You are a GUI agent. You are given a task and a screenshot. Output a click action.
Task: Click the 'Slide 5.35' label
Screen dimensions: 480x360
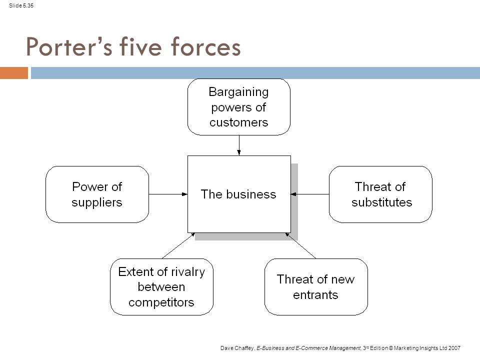pyautogui.click(x=21, y=5)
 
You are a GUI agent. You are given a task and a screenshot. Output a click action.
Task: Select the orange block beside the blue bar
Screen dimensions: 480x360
pyautogui.click(x=14, y=73)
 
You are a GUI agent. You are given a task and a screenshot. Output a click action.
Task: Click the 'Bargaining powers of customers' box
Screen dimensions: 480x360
pyautogui.click(x=239, y=107)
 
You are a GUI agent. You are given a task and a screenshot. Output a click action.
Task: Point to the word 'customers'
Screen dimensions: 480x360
pyautogui.click(x=239, y=122)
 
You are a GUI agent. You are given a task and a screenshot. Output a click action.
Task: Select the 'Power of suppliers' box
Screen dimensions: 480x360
pyautogui.click(x=97, y=194)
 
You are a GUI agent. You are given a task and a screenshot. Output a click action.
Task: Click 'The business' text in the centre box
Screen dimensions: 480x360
pyautogui.click(x=238, y=194)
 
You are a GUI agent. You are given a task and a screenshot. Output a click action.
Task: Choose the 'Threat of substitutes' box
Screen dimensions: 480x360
pyautogui.click(x=380, y=194)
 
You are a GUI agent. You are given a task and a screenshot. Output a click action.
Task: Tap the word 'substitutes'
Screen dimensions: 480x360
pyautogui.click(x=381, y=202)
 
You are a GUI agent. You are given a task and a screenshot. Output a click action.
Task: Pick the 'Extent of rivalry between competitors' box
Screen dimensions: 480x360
pyautogui.click(x=161, y=287)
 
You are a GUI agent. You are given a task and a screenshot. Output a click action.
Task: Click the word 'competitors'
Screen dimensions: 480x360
pyautogui.click(x=161, y=302)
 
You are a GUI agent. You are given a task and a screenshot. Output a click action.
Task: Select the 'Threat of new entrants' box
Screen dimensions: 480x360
pyautogui.click(x=316, y=287)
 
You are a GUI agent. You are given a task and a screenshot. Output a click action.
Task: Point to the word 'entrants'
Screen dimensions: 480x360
pyautogui.click(x=315, y=295)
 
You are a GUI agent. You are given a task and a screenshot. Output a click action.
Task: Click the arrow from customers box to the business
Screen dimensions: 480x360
pyautogui.click(x=239, y=145)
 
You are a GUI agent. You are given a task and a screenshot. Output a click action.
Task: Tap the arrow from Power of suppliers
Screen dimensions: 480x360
pyautogui.click(x=168, y=194)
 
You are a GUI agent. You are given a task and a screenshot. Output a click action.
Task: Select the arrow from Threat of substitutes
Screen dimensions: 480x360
pyautogui.click(x=310, y=194)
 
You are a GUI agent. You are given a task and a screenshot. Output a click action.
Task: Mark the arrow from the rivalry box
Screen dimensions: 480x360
pyautogui.click(x=178, y=246)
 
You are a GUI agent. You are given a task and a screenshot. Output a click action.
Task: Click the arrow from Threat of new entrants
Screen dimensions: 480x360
pyautogui.click(x=300, y=246)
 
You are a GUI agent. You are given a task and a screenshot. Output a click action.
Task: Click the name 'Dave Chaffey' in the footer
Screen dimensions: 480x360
pyautogui.click(x=237, y=348)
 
